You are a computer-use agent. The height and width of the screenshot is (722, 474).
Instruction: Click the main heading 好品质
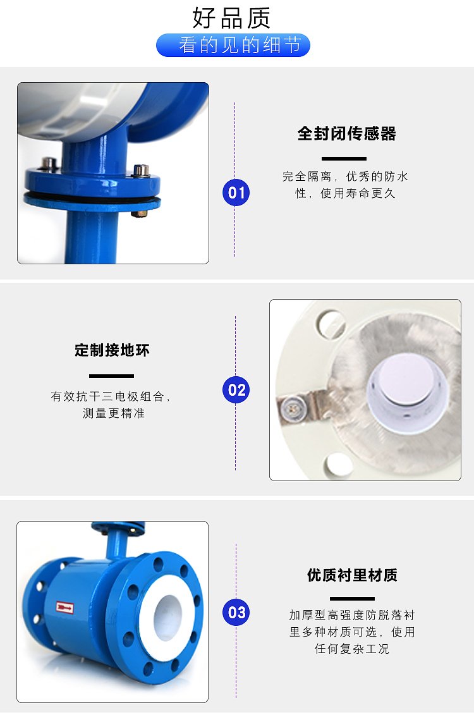231,18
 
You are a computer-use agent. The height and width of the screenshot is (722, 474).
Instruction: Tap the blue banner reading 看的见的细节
233,45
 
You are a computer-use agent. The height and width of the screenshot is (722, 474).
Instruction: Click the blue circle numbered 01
236,192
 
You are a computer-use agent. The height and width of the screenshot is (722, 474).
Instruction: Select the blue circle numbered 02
236,389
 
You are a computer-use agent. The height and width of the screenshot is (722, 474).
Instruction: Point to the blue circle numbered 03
236,612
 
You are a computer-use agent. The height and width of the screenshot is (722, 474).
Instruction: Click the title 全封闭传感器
346,133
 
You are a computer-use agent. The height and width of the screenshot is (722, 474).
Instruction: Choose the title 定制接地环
112,350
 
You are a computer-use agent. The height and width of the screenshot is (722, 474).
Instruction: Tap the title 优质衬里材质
352,575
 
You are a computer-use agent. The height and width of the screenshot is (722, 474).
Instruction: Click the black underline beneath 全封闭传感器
344,159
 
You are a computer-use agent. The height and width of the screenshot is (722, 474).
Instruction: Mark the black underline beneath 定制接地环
111,376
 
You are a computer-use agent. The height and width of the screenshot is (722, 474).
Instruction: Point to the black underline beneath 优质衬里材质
352,599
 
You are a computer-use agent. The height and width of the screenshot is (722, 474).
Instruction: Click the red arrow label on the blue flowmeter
64,608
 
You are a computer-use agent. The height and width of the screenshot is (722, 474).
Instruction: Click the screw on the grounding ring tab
289,406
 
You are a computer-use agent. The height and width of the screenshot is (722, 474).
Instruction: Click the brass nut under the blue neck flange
140,214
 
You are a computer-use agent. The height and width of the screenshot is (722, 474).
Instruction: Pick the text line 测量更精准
114,413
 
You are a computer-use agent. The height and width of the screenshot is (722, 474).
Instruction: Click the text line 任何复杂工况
352,649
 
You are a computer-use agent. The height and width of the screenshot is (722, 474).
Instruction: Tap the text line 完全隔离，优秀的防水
345,176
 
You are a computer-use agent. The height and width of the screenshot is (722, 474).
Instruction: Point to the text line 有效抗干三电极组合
111,396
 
